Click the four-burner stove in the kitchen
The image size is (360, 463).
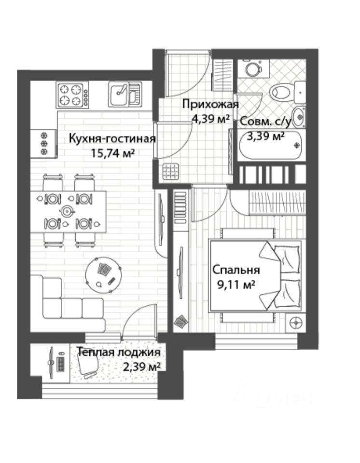tap(72, 95)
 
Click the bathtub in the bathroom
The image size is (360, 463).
tap(271, 146)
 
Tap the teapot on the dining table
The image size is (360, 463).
tap(67, 211)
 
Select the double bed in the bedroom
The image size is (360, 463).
tap(256, 275)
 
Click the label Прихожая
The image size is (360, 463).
tap(210, 104)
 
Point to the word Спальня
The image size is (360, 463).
tap(236, 270)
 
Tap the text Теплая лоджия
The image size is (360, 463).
tap(119, 352)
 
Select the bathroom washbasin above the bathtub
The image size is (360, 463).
tap(299, 117)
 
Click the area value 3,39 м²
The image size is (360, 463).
tap(266, 136)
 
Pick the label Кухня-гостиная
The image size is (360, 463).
tap(112, 138)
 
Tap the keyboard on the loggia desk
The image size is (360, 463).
tap(60, 364)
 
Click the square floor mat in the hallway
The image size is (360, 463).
tap(171, 171)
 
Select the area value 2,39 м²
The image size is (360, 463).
tap(141, 367)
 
